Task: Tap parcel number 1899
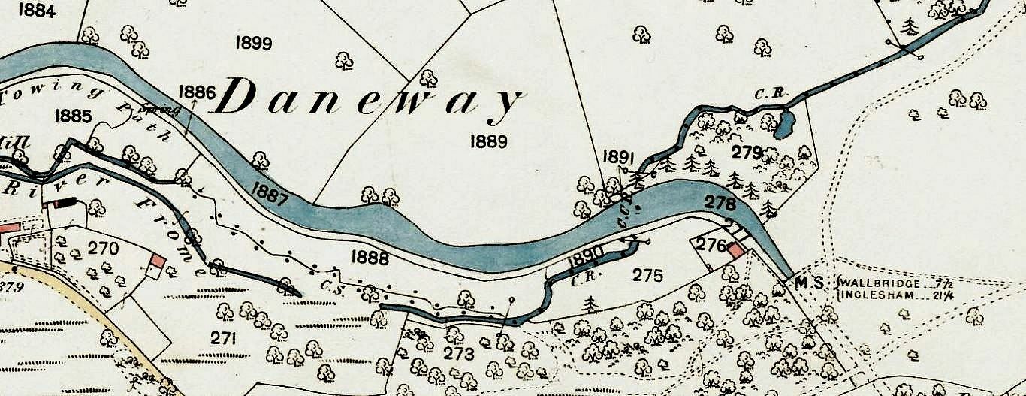pyautogui.click(x=253, y=43)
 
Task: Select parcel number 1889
pyautogui.click(x=487, y=141)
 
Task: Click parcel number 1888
pyautogui.click(x=370, y=258)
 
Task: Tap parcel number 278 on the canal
pyautogui.click(x=720, y=202)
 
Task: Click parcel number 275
pyautogui.click(x=647, y=276)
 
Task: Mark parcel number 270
pyautogui.click(x=102, y=247)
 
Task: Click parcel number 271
pyautogui.click(x=223, y=338)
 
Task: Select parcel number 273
pyautogui.click(x=460, y=354)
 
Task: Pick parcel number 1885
pyautogui.click(x=73, y=116)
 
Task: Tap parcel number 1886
pyautogui.click(x=197, y=92)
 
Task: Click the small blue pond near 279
pyautogui.click(x=783, y=124)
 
